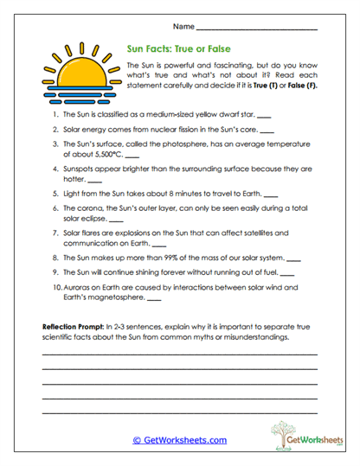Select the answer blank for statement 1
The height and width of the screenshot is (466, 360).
[264, 114]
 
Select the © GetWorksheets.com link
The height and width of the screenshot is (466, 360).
[179, 440]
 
